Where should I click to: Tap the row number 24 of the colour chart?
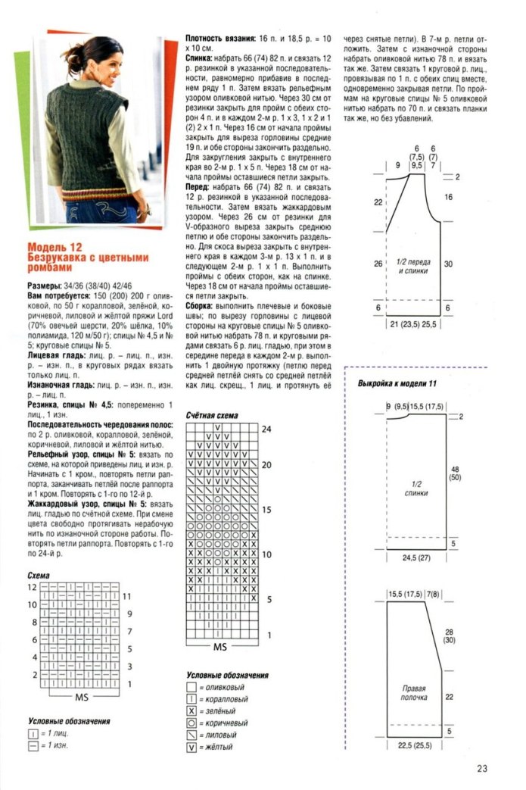pos(266,429)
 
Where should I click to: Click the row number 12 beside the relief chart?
pos(32,587)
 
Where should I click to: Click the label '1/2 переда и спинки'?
pos(413,267)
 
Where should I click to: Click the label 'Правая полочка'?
pos(413,694)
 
